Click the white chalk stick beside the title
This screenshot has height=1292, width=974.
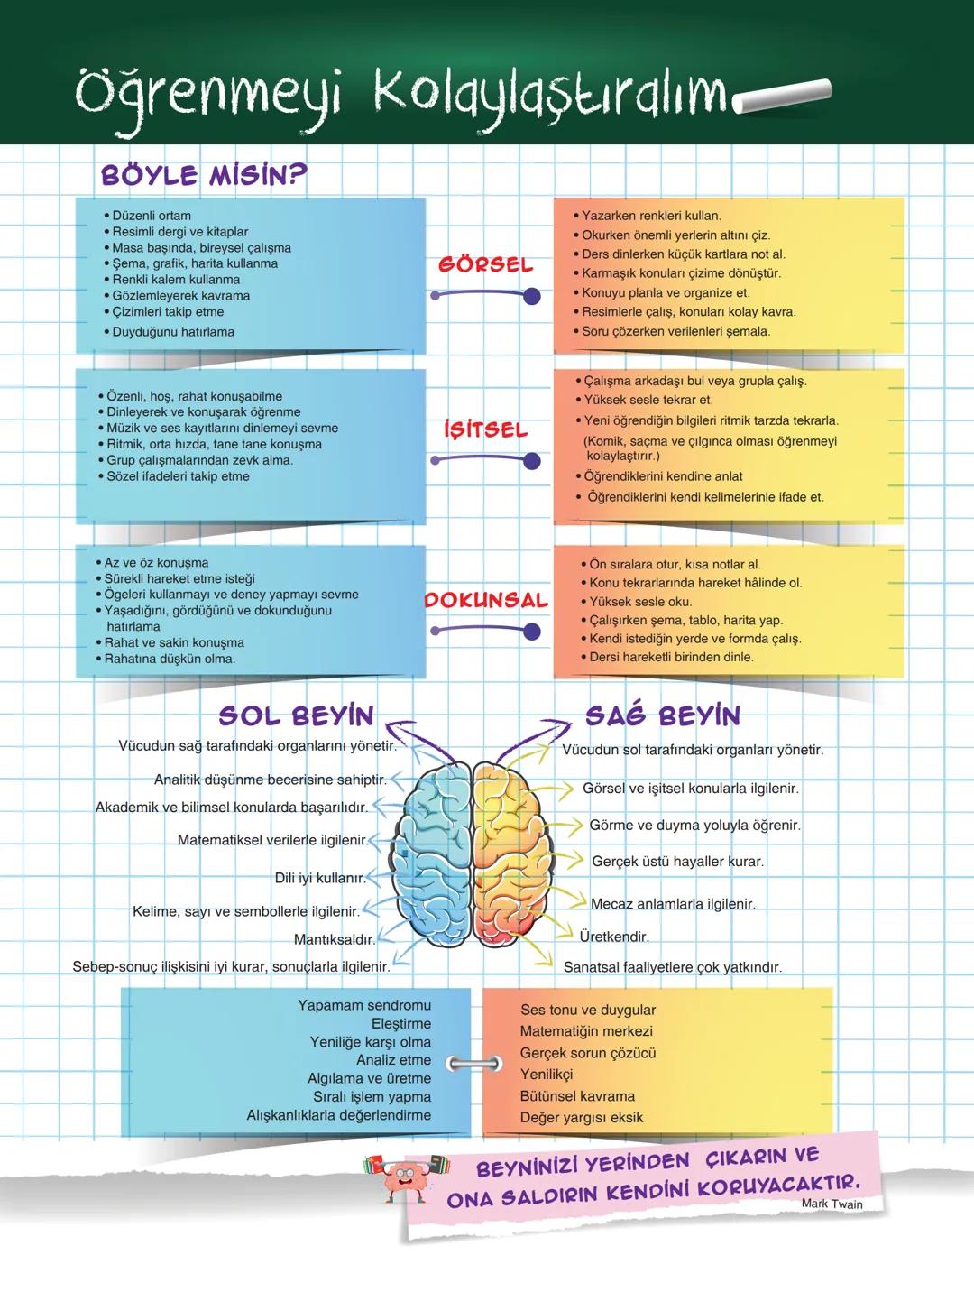click(x=782, y=96)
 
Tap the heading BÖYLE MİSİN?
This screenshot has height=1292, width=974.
click(x=204, y=175)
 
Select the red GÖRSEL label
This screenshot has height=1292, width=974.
click(x=486, y=265)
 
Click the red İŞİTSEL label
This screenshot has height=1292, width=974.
click(x=486, y=429)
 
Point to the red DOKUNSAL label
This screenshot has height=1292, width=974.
click(x=486, y=600)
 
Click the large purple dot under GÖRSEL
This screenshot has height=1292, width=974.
click(x=532, y=296)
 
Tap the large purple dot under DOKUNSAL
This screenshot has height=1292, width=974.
click(x=532, y=632)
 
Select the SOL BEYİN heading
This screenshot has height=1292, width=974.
click(x=297, y=715)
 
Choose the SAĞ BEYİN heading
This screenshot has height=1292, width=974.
click(x=663, y=715)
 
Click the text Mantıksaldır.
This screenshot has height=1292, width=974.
click(x=335, y=939)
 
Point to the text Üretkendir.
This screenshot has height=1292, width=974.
click(x=614, y=937)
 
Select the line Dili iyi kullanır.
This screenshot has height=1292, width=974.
click(x=320, y=878)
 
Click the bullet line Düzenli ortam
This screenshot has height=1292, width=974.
click(x=147, y=216)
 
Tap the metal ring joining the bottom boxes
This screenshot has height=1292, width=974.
click(x=474, y=1063)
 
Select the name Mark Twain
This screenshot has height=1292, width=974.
click(x=832, y=1204)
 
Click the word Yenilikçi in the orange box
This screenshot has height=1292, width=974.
click(x=547, y=1075)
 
